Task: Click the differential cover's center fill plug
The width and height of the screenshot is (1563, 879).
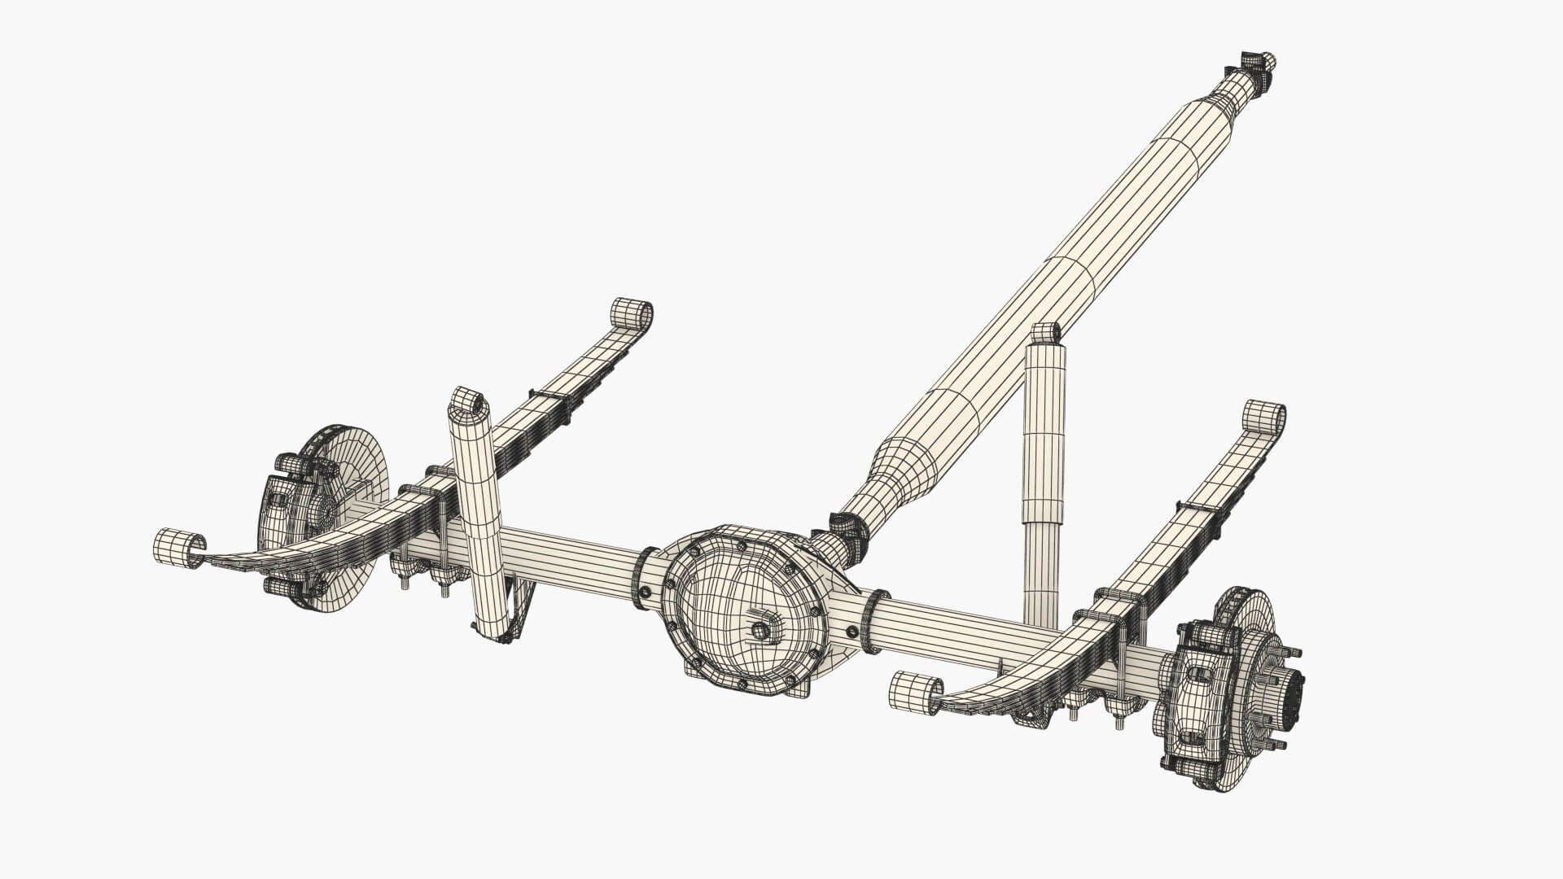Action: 760,630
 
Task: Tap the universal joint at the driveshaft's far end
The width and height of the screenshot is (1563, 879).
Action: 1256,65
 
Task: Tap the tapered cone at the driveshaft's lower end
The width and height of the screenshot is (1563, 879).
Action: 895,480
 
